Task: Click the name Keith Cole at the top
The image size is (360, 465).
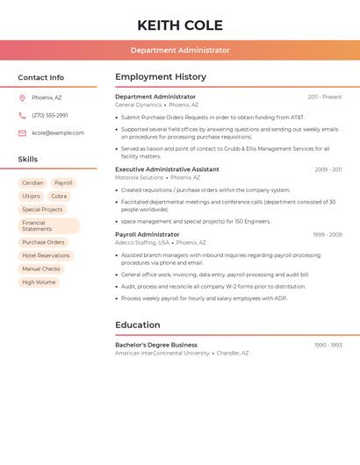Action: point(180,25)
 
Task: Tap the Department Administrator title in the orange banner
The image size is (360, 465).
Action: point(180,50)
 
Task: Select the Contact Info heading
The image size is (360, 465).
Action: point(41,77)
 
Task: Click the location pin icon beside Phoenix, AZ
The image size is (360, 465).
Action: point(22,97)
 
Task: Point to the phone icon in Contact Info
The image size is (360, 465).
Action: point(22,115)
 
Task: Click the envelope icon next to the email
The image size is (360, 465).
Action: point(22,133)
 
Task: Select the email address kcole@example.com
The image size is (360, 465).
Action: point(58,133)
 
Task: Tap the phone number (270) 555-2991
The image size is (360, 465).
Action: point(50,115)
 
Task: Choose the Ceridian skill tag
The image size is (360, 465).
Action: point(32,183)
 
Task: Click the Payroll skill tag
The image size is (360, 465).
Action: point(63,183)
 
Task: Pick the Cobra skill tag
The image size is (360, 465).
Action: point(59,197)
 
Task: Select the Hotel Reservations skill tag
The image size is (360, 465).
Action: point(46,255)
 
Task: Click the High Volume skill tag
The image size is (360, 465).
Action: point(39,282)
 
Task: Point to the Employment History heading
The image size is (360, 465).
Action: point(161,77)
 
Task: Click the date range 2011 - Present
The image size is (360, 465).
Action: point(325,97)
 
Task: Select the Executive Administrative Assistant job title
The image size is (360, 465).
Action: point(167,169)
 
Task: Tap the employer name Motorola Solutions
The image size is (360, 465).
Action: point(139,177)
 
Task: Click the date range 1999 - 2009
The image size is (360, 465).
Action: point(328,235)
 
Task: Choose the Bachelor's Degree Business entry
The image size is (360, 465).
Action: point(156,345)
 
